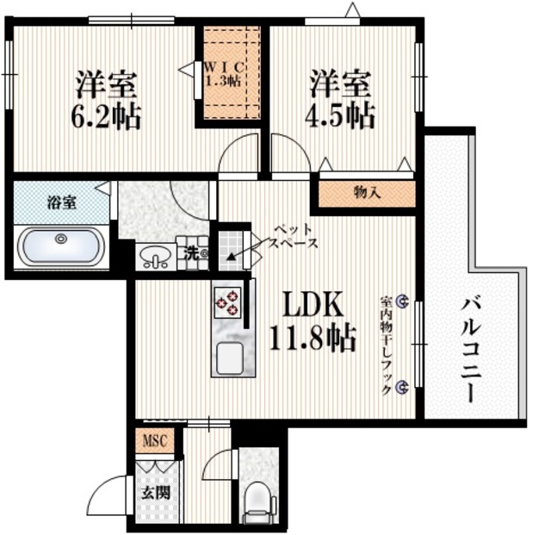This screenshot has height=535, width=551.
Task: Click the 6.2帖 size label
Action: tap(106, 118)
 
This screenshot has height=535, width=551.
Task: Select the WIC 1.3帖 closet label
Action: tap(226, 74)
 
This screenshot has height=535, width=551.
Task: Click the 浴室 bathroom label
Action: tap(59, 203)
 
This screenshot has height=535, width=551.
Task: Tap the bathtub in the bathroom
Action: tap(61, 245)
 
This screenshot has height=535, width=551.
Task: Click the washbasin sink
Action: tap(156, 257)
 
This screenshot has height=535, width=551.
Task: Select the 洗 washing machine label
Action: tap(193, 252)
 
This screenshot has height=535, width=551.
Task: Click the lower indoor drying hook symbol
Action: tap(402, 389)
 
